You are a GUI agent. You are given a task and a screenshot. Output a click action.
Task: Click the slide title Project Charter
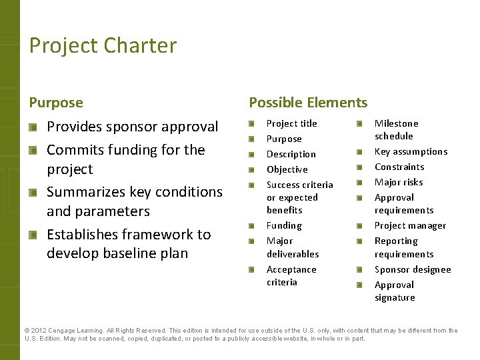point(103,45)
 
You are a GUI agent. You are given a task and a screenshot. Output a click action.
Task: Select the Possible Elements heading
point(307,103)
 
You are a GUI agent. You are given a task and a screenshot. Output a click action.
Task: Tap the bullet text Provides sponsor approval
point(132,127)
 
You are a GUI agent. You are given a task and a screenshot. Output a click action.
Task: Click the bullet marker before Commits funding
point(33,150)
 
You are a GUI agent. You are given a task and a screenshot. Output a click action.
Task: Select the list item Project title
point(291,123)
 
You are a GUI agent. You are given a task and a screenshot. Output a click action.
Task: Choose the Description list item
point(291,154)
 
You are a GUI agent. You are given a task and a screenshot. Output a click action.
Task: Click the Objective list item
point(287,169)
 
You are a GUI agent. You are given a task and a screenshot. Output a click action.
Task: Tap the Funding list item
point(284,225)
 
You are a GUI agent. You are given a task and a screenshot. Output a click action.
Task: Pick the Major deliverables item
point(293,247)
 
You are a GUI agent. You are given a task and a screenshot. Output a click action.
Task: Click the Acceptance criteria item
point(291,275)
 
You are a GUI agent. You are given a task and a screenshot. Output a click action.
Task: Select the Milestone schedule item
point(396,129)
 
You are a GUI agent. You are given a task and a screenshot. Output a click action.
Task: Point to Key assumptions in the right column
point(411,151)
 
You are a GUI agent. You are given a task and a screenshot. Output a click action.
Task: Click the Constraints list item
point(399,167)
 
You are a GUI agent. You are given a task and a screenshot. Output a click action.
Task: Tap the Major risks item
point(399,182)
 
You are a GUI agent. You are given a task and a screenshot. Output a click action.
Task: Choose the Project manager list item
point(410,225)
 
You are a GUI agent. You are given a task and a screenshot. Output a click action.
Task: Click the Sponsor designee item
point(412,269)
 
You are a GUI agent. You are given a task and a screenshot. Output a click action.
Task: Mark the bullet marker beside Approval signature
point(359,285)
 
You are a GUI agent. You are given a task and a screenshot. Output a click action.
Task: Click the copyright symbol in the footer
point(27,331)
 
